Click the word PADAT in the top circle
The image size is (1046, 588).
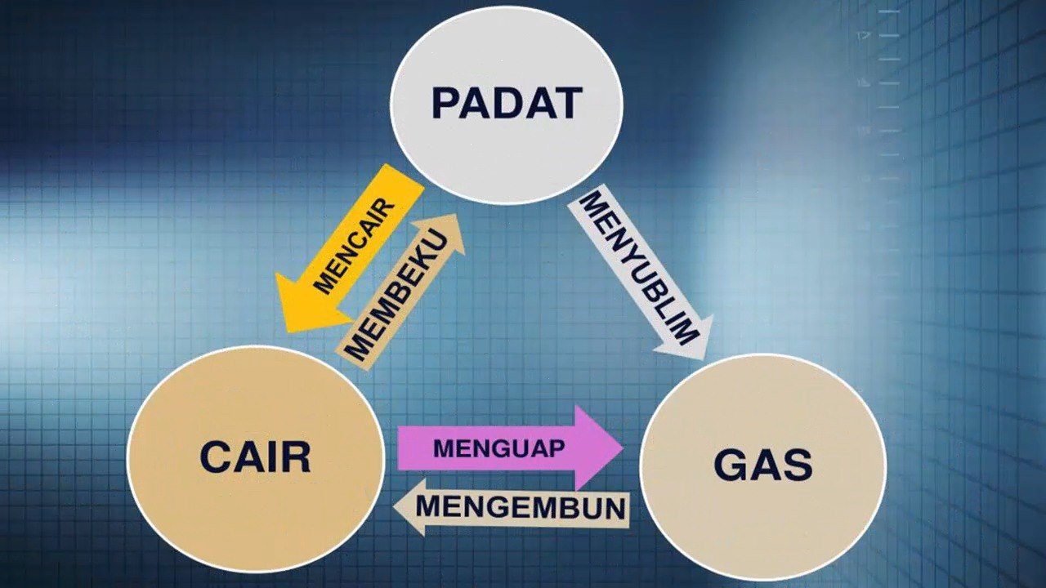tap(507, 103)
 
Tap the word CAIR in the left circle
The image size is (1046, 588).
tap(256, 457)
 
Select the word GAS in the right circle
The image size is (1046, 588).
tap(763, 465)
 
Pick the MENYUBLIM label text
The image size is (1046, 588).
tap(639, 269)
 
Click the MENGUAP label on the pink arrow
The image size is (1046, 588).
tap(499, 449)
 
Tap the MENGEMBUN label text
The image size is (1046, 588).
tap(521, 507)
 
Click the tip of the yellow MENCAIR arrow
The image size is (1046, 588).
tap(286, 332)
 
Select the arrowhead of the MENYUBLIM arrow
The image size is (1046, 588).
tap(704, 359)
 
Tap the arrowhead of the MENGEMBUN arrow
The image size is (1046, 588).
tap(395, 507)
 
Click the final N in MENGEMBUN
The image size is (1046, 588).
tap(615, 508)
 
